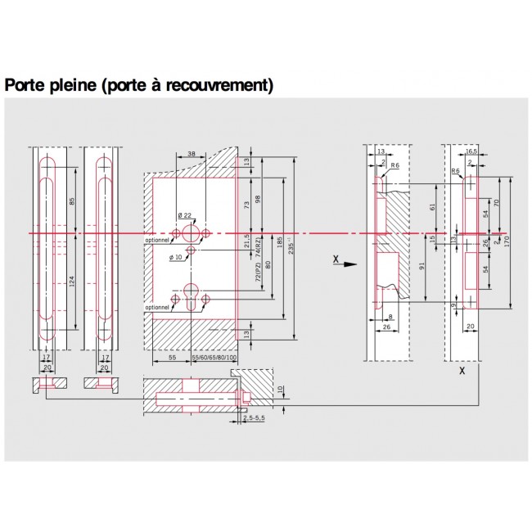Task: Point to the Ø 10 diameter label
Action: [x=177, y=259]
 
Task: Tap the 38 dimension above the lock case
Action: [x=191, y=154]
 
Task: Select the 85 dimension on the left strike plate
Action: [x=71, y=201]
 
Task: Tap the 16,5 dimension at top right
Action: [x=471, y=152]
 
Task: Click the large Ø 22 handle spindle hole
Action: [x=193, y=232]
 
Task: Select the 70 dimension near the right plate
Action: [x=497, y=202]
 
